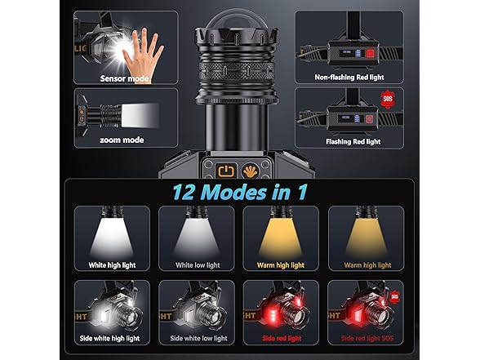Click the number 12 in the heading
[184, 193]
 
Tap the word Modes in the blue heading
[233, 193]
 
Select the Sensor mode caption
[124, 78]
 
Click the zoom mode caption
[122, 140]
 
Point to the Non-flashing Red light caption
[349, 77]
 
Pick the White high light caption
[112, 265]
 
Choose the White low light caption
[198, 265]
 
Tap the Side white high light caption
[109, 338]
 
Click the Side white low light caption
[198, 338]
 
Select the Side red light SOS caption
[367, 338]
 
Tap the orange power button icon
[226, 171]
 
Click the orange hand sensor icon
[250, 171]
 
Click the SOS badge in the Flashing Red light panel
[388, 99]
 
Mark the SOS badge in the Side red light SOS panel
[395, 296]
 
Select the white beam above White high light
[112, 238]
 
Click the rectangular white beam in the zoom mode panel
[140, 115]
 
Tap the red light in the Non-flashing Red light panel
[370, 54]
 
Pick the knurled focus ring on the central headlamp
[236, 72]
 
